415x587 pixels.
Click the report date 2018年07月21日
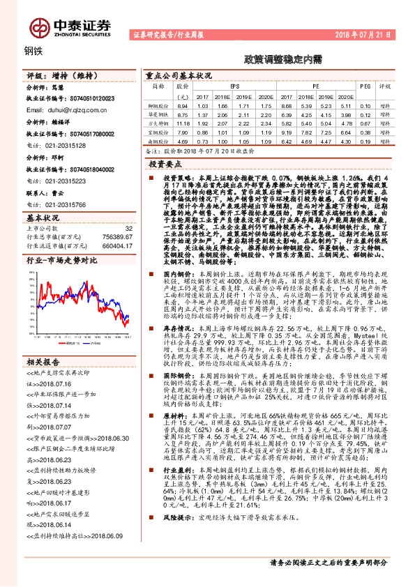pyautogui.click(x=367, y=33)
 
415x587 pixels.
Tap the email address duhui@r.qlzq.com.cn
pyautogui.click(x=59, y=110)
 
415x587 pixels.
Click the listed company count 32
pyautogui.click(x=128, y=228)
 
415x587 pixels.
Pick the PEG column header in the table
pyautogui.click(x=365, y=86)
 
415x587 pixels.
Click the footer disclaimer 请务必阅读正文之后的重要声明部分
pyautogui.click(x=329, y=561)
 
